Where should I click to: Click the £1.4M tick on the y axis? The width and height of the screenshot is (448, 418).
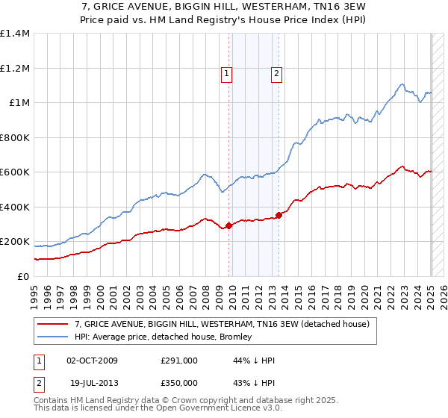[15, 34]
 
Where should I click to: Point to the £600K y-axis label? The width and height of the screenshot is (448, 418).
[15, 172]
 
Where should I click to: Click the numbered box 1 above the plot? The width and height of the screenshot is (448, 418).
[226, 73]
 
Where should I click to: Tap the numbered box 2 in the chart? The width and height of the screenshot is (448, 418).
[276, 73]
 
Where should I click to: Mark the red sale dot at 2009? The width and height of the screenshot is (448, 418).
[228, 226]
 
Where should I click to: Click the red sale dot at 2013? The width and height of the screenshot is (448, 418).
[279, 216]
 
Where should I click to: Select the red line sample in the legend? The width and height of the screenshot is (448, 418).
[53, 324]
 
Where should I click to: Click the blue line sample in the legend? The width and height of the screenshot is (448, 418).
[53, 337]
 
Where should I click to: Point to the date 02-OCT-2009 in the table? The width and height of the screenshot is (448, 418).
[93, 361]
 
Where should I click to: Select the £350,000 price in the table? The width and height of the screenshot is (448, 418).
[179, 383]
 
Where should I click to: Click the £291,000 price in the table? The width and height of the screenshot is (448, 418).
[179, 361]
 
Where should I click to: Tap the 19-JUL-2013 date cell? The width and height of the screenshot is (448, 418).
[92, 383]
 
